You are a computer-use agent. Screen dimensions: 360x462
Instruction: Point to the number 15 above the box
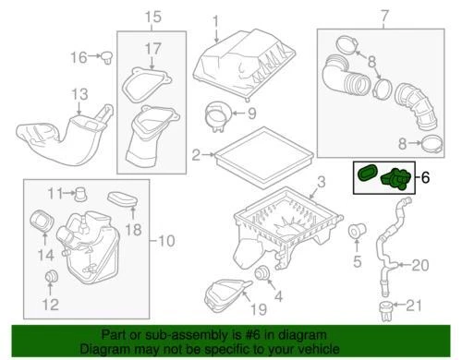point(152,16)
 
